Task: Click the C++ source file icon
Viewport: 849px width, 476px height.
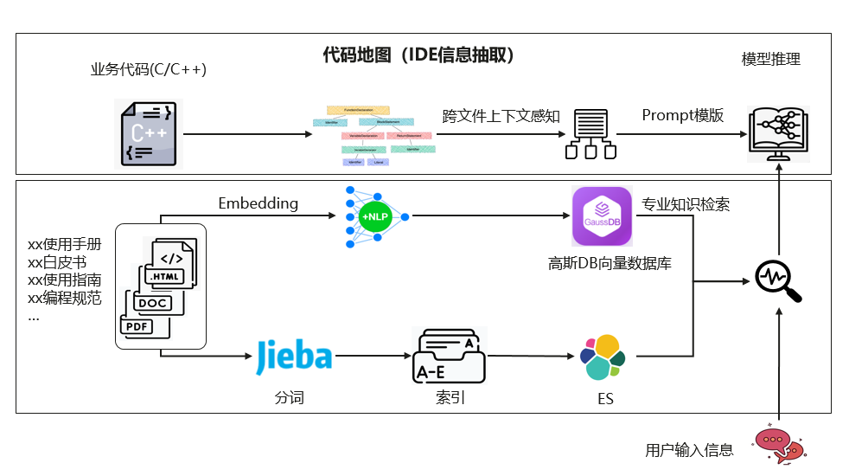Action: (x=150, y=133)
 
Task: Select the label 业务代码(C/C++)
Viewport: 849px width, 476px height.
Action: (x=149, y=70)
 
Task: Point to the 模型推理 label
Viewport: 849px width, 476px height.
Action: (x=771, y=60)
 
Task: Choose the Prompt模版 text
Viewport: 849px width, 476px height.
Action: (x=682, y=116)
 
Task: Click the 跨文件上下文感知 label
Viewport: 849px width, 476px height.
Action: (x=501, y=116)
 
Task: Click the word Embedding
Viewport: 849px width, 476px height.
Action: (x=258, y=204)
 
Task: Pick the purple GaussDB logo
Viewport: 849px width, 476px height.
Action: (x=603, y=216)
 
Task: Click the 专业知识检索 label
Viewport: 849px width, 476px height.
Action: (x=686, y=205)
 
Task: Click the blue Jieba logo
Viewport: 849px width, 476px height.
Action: (x=294, y=357)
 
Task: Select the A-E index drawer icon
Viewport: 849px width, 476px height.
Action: (x=449, y=357)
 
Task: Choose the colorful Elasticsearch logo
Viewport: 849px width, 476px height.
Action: (x=603, y=357)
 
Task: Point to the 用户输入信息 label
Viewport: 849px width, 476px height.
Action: (x=689, y=450)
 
